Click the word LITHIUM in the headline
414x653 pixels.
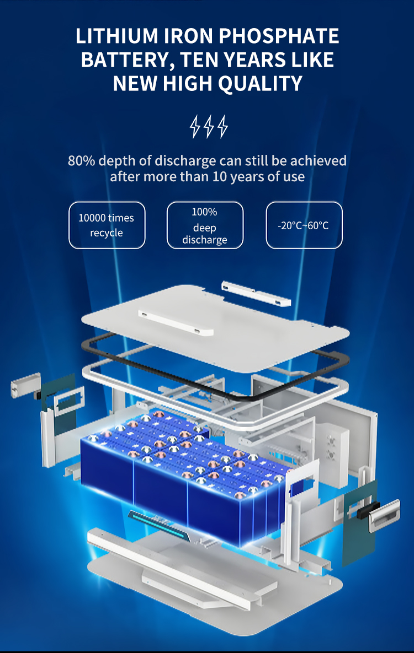click(x=117, y=36)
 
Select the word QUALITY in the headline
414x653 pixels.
click(x=260, y=84)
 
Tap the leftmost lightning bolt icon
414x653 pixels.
click(x=195, y=127)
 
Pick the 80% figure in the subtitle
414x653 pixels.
click(x=81, y=161)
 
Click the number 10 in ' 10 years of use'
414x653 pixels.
click(x=220, y=176)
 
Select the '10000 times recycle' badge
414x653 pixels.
click(x=107, y=225)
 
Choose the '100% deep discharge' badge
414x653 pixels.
click(x=205, y=225)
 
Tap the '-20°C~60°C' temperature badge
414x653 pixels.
click(x=304, y=225)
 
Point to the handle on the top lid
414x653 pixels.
click(x=176, y=322)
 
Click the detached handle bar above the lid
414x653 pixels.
click(x=256, y=293)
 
